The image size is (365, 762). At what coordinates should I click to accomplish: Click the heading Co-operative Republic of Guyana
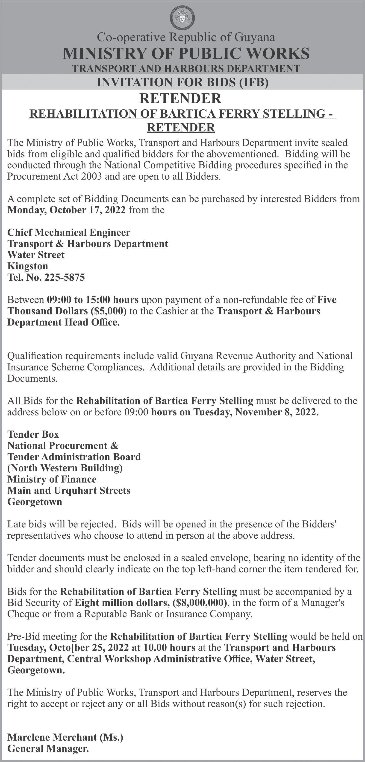[x=186, y=37]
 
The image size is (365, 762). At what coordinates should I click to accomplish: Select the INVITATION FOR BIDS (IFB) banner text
[x=182, y=82]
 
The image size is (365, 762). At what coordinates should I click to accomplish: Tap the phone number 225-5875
[x=65, y=277]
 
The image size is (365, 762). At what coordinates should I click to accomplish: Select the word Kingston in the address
[x=27, y=266]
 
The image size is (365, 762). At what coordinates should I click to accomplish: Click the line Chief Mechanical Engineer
[x=69, y=232]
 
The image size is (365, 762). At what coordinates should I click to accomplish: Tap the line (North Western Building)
[x=65, y=468]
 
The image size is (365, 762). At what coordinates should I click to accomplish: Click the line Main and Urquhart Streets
[x=69, y=490]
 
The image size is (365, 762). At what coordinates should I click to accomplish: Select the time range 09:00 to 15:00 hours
[x=93, y=300]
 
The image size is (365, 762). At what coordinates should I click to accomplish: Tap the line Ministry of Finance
[x=52, y=479]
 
